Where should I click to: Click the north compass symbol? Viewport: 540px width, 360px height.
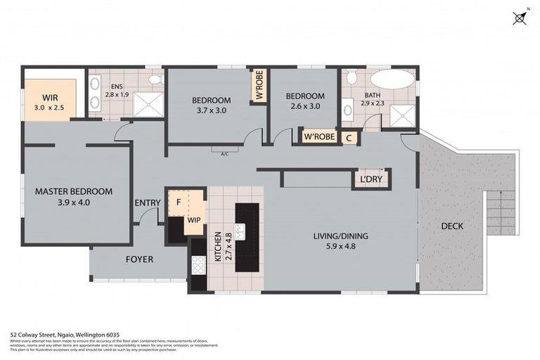(x=520, y=18)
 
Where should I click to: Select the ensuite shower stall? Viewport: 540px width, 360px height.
(x=147, y=103)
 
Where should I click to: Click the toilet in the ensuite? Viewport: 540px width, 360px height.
(x=155, y=79)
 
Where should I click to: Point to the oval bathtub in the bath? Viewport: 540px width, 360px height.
(x=392, y=79)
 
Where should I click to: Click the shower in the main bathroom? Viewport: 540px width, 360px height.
(x=402, y=116)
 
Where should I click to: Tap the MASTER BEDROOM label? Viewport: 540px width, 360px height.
(x=74, y=191)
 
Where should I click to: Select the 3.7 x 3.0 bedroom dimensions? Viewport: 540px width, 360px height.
(x=211, y=110)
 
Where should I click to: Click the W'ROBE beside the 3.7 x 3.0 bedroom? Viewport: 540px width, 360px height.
(x=259, y=86)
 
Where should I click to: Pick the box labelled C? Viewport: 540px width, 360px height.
(x=349, y=138)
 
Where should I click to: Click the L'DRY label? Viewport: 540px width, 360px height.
(x=371, y=180)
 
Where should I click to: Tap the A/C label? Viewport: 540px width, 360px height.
(x=225, y=153)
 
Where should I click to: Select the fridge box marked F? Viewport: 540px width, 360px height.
(x=179, y=202)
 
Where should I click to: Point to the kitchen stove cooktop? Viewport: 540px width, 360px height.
(x=198, y=264)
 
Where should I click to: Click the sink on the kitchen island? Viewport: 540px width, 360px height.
(x=240, y=231)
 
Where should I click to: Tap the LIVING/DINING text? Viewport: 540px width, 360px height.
(x=340, y=236)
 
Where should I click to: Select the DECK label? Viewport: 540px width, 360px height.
(x=452, y=226)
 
